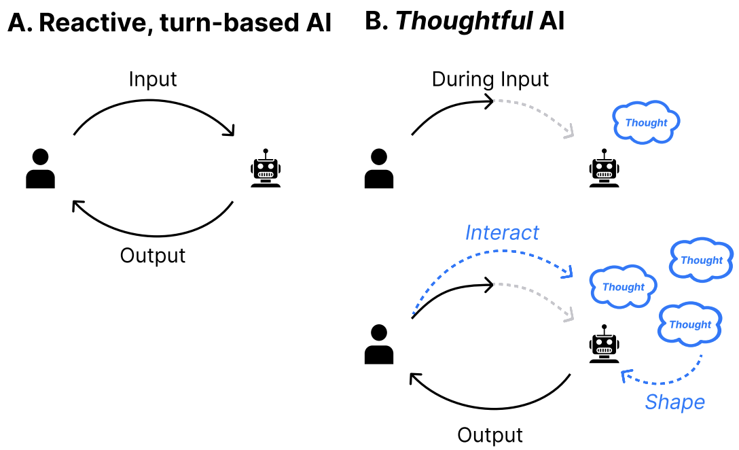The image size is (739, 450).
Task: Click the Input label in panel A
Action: [153, 79]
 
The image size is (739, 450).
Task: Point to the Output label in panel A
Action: [153, 256]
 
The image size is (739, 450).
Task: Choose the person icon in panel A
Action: [40, 169]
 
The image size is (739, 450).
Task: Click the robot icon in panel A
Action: [266, 169]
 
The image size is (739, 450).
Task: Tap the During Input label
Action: [490, 79]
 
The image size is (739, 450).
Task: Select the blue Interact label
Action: [502, 232]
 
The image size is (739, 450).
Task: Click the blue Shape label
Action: [674, 402]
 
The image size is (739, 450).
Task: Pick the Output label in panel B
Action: [490, 434]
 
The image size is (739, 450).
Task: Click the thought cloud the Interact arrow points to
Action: [623, 286]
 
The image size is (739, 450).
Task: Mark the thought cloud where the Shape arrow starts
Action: [690, 324]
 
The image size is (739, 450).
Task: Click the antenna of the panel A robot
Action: [266, 152]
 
